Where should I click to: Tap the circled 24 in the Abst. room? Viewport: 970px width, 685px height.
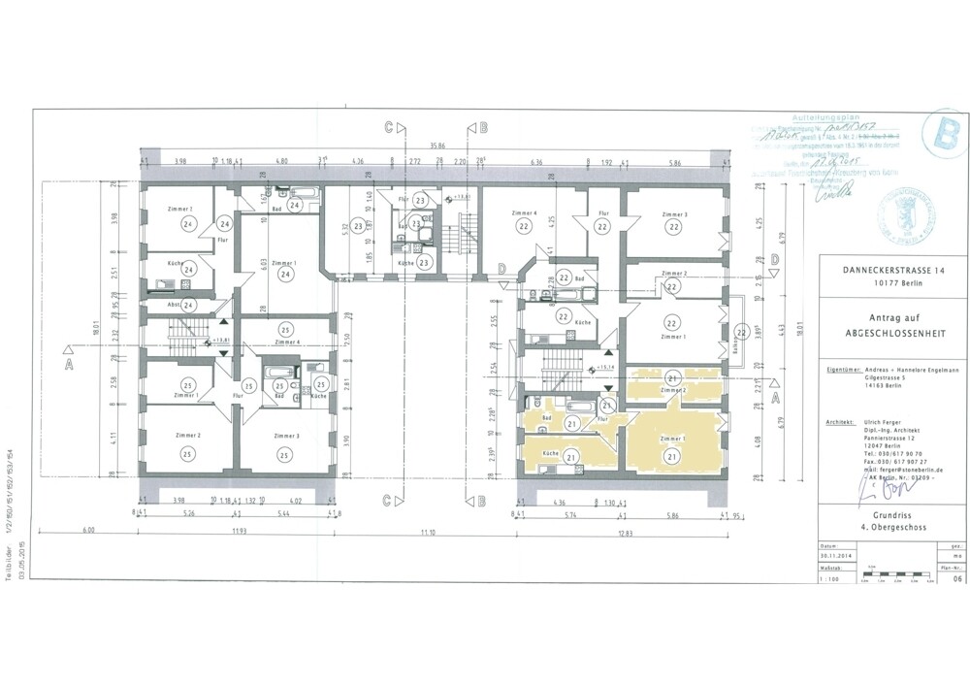189,305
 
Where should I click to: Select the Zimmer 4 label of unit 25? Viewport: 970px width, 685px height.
285,342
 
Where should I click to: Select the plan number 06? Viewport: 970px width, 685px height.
930,577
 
